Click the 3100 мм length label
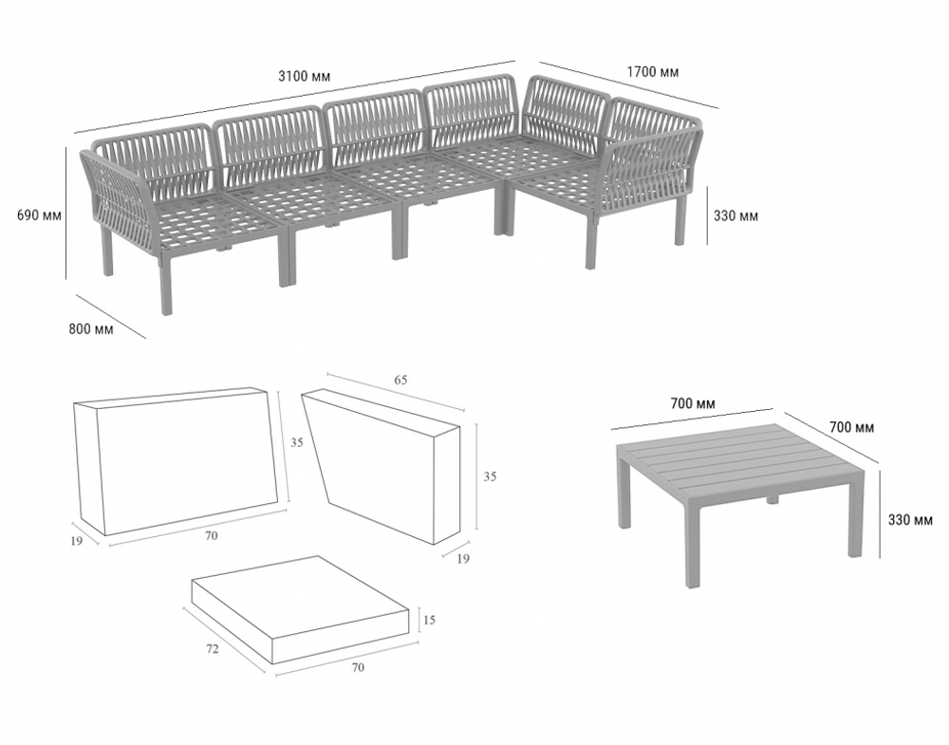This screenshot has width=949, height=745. point(304,76)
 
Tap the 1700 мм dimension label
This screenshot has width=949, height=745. point(653,72)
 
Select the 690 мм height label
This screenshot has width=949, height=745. point(39,214)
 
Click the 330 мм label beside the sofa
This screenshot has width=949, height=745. point(735,215)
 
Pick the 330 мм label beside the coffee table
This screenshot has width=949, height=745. point(910,519)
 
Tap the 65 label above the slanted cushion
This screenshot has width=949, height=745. point(400,380)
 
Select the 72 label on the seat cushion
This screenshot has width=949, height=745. point(212,649)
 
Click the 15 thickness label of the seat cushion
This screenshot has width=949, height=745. point(429,620)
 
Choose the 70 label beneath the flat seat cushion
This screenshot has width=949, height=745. point(358,667)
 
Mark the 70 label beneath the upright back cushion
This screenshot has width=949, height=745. point(211,535)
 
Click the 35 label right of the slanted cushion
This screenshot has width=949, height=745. point(490,476)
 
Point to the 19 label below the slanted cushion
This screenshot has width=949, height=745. point(462,559)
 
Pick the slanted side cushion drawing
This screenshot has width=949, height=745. point(381,467)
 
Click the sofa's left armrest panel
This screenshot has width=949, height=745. point(119,199)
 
